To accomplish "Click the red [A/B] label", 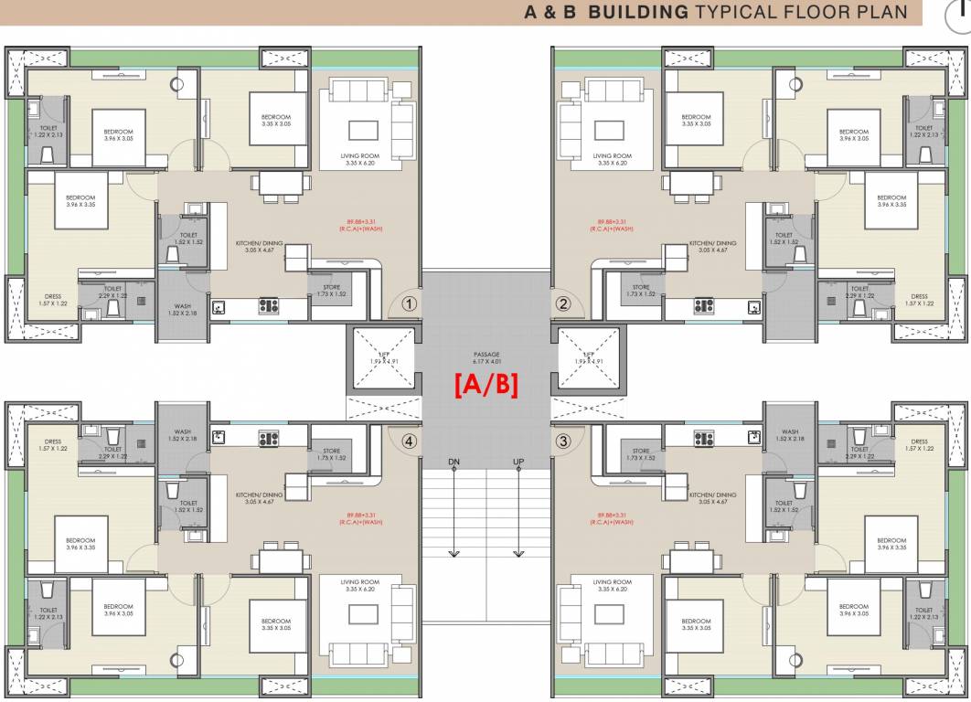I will pos(486,386).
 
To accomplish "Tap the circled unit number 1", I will pos(410,303).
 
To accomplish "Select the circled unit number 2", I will pos(563,303).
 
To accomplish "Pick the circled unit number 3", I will pos(563,441).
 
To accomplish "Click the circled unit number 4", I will pos(410,441).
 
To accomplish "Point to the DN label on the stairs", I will pos(453,463).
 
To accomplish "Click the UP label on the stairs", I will pos(518,463).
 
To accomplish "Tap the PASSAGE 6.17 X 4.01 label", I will pos(485,357).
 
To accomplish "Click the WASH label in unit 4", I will pos(182,435).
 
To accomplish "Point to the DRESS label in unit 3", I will pos(919,445).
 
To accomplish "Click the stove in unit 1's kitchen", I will pos(269,307).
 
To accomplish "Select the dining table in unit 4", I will pos(278,557).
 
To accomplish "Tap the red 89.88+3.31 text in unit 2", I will pos(613,223).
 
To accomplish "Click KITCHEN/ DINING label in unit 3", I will pos(713,498).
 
